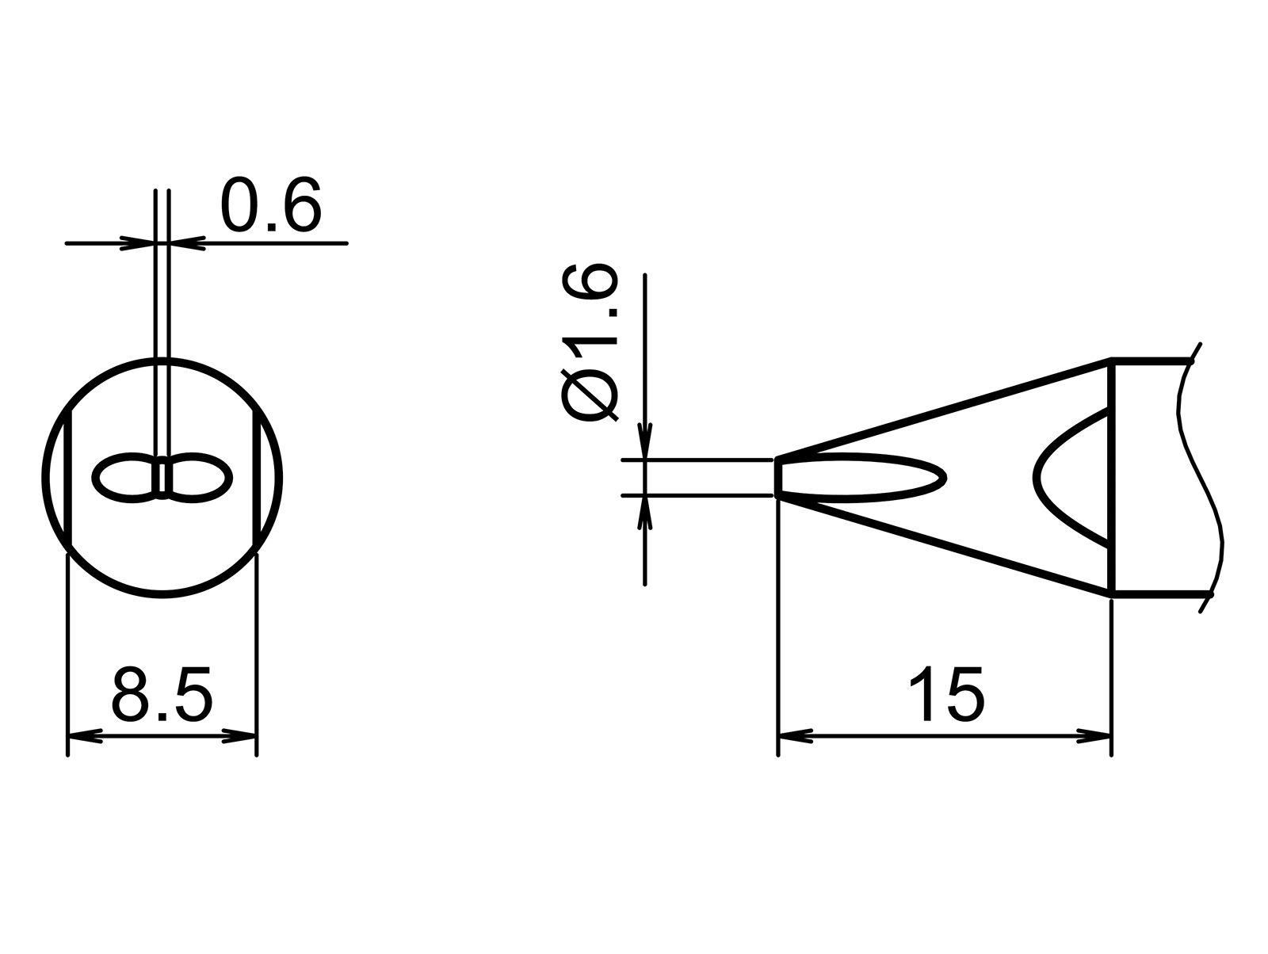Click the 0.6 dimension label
coord(271,205)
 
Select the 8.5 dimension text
coord(162,694)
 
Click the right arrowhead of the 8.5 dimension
coord(240,736)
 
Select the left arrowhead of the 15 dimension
coord(796,736)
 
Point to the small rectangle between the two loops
coord(162,478)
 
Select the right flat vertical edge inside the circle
coord(256,478)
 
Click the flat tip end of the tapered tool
coord(778,478)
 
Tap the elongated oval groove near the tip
coord(864,478)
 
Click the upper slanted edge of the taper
coord(943,410)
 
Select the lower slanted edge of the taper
coord(943,544)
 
